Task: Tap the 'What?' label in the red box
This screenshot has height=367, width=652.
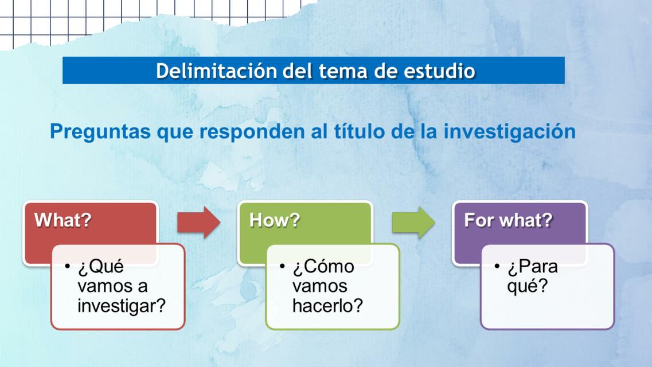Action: click(x=63, y=220)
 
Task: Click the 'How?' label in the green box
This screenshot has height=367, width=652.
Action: click(x=274, y=220)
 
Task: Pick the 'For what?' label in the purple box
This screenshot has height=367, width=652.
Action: click(x=507, y=220)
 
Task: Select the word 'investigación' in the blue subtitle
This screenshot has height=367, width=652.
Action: click(x=510, y=131)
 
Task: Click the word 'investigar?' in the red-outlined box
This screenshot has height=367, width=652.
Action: click(x=122, y=306)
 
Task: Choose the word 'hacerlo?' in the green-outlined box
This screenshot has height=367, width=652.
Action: click(x=327, y=306)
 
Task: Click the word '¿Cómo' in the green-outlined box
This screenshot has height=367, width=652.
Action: click(x=323, y=267)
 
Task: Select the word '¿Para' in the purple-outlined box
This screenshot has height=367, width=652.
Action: click(x=532, y=267)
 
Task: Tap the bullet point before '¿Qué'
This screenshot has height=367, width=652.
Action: click(x=67, y=267)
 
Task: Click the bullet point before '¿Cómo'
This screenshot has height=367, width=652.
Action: click(x=282, y=267)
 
